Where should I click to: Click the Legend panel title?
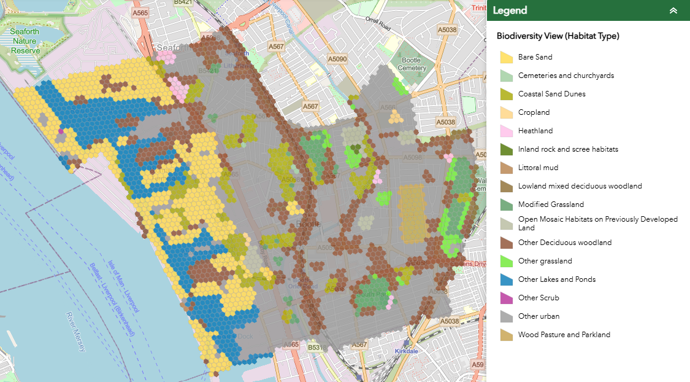510,10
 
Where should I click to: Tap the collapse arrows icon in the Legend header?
673,10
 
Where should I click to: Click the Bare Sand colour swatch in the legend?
506,57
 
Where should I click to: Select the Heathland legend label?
535,131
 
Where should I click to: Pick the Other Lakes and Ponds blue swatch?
506,279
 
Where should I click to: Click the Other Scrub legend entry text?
538,298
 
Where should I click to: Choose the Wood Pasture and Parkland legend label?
564,335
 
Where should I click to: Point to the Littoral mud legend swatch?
506,168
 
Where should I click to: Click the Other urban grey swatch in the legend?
506,316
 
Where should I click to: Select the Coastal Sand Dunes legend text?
551,94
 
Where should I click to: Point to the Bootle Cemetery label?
411,64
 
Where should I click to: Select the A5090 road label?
337,59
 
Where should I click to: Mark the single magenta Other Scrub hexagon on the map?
60,130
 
